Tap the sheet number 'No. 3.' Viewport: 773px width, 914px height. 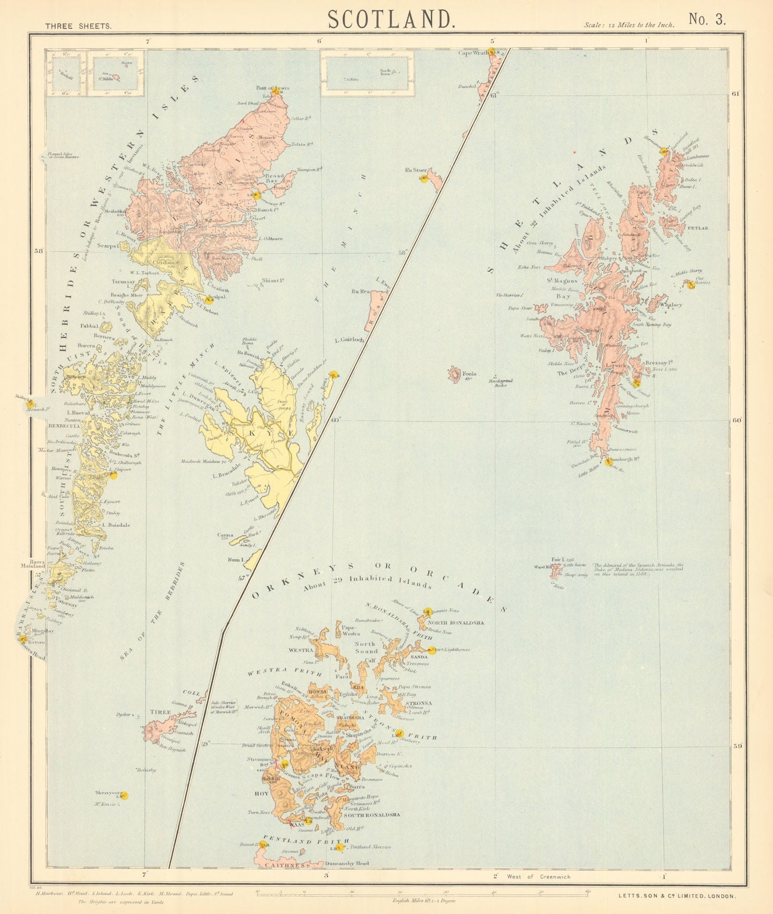coord(707,19)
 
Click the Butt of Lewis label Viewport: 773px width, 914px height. coord(274,89)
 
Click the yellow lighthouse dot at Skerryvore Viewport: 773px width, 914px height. coord(124,795)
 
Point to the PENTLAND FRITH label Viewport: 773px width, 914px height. coord(305,841)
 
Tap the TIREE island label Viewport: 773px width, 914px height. coord(157,712)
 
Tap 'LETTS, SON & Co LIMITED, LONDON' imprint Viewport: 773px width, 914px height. coord(677,897)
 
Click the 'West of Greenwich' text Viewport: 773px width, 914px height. coord(540,876)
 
